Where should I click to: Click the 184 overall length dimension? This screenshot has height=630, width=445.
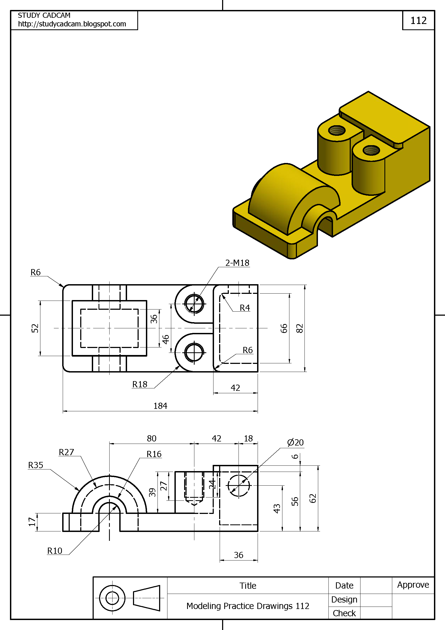coord(160,406)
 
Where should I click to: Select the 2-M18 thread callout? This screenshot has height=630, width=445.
coord(237,263)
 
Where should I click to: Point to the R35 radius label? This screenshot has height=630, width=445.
coord(36,465)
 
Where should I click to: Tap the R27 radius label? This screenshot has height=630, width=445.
coord(66,452)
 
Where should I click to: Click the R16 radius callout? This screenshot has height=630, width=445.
coord(154,454)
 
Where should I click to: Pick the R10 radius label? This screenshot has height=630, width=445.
coord(55,551)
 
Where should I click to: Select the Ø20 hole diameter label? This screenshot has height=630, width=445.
coord(295,442)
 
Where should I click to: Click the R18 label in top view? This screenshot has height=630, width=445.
coord(139,384)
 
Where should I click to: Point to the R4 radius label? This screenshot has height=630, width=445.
coord(244,308)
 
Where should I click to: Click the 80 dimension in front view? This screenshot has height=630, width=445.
coord(151,438)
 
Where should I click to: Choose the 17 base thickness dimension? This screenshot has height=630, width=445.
coord(32,522)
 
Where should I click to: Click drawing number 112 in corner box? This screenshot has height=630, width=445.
coord(418,20)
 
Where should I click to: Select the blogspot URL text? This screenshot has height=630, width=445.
coord(72,24)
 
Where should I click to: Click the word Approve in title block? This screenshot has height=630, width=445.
coord(413,585)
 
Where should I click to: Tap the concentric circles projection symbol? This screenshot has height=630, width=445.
coord(112,598)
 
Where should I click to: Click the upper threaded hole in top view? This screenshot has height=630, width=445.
coord(194,304)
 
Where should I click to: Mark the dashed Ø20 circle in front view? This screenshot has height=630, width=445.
coord(239,485)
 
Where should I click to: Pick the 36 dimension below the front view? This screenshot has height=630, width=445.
coord(238,555)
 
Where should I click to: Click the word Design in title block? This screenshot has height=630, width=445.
coord(344,600)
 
